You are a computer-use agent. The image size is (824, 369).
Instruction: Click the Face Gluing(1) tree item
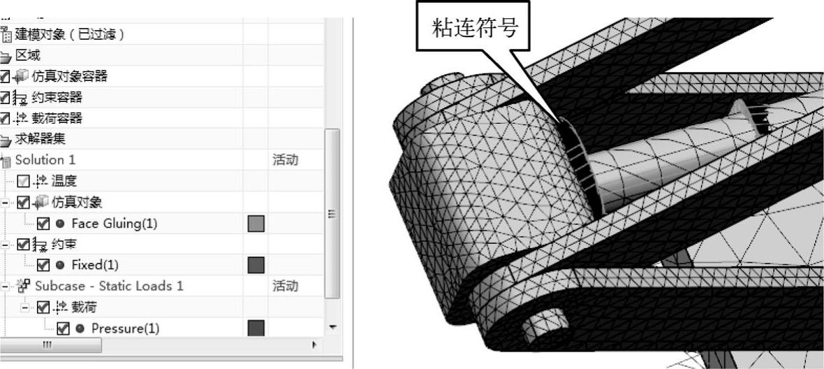(x=115, y=224)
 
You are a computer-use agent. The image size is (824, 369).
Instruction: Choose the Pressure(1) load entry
(x=125, y=328)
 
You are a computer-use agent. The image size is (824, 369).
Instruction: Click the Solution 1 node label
(x=45, y=160)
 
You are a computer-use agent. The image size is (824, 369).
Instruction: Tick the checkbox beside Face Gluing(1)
(x=43, y=224)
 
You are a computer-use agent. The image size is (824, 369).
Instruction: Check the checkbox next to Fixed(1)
(x=43, y=265)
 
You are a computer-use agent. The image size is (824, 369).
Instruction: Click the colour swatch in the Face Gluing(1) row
(x=256, y=224)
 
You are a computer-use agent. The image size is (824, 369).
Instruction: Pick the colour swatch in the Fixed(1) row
(x=256, y=265)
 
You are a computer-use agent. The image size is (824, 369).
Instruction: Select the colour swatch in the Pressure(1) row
(x=256, y=328)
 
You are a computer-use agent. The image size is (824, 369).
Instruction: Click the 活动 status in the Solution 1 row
(x=285, y=160)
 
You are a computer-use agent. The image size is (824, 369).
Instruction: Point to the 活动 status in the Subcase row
(x=285, y=286)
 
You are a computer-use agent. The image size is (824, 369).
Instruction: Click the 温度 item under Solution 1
(x=63, y=181)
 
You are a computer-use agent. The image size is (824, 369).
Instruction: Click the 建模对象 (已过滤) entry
(x=69, y=34)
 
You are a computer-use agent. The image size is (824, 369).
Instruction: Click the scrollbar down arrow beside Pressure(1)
(x=332, y=327)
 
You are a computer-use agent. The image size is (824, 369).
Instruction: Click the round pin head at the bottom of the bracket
(x=542, y=324)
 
